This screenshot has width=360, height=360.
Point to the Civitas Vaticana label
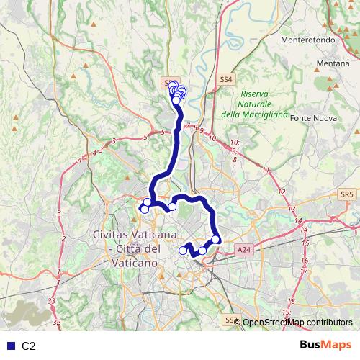coord(135,235)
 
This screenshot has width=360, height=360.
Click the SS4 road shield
coord(225,79)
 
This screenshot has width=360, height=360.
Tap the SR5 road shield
coord(348,194)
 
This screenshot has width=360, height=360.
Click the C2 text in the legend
coord(28,346)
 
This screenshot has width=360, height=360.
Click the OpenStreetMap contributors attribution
coord(297,323)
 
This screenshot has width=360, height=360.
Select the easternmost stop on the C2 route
coord(215,240)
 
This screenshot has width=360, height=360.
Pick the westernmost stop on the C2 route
coord(143,210)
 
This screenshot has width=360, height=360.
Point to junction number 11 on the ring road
coord(267,170)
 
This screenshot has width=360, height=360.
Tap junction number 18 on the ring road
coord(291,302)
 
